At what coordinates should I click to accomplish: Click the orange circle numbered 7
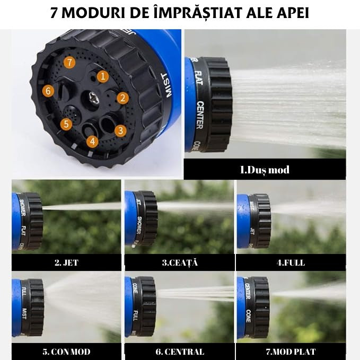click(x=69, y=62)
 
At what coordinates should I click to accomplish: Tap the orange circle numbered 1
click(x=103, y=76)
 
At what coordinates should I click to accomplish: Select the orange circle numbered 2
click(x=122, y=98)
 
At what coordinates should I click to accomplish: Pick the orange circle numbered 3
click(x=120, y=130)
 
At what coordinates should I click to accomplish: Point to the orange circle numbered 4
click(x=92, y=141)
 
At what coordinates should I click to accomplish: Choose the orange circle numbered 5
click(x=66, y=124)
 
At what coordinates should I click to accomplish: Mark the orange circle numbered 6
click(x=48, y=91)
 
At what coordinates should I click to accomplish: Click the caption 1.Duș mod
click(x=265, y=170)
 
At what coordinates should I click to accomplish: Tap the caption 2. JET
click(x=66, y=262)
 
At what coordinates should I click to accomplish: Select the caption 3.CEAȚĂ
click(x=179, y=262)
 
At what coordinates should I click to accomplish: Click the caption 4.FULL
click(x=291, y=262)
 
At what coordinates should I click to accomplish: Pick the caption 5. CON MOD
click(x=67, y=352)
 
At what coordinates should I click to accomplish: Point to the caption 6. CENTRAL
click(x=179, y=352)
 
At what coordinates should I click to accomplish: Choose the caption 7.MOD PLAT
click(x=291, y=352)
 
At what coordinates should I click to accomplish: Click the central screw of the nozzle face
click(x=93, y=98)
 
